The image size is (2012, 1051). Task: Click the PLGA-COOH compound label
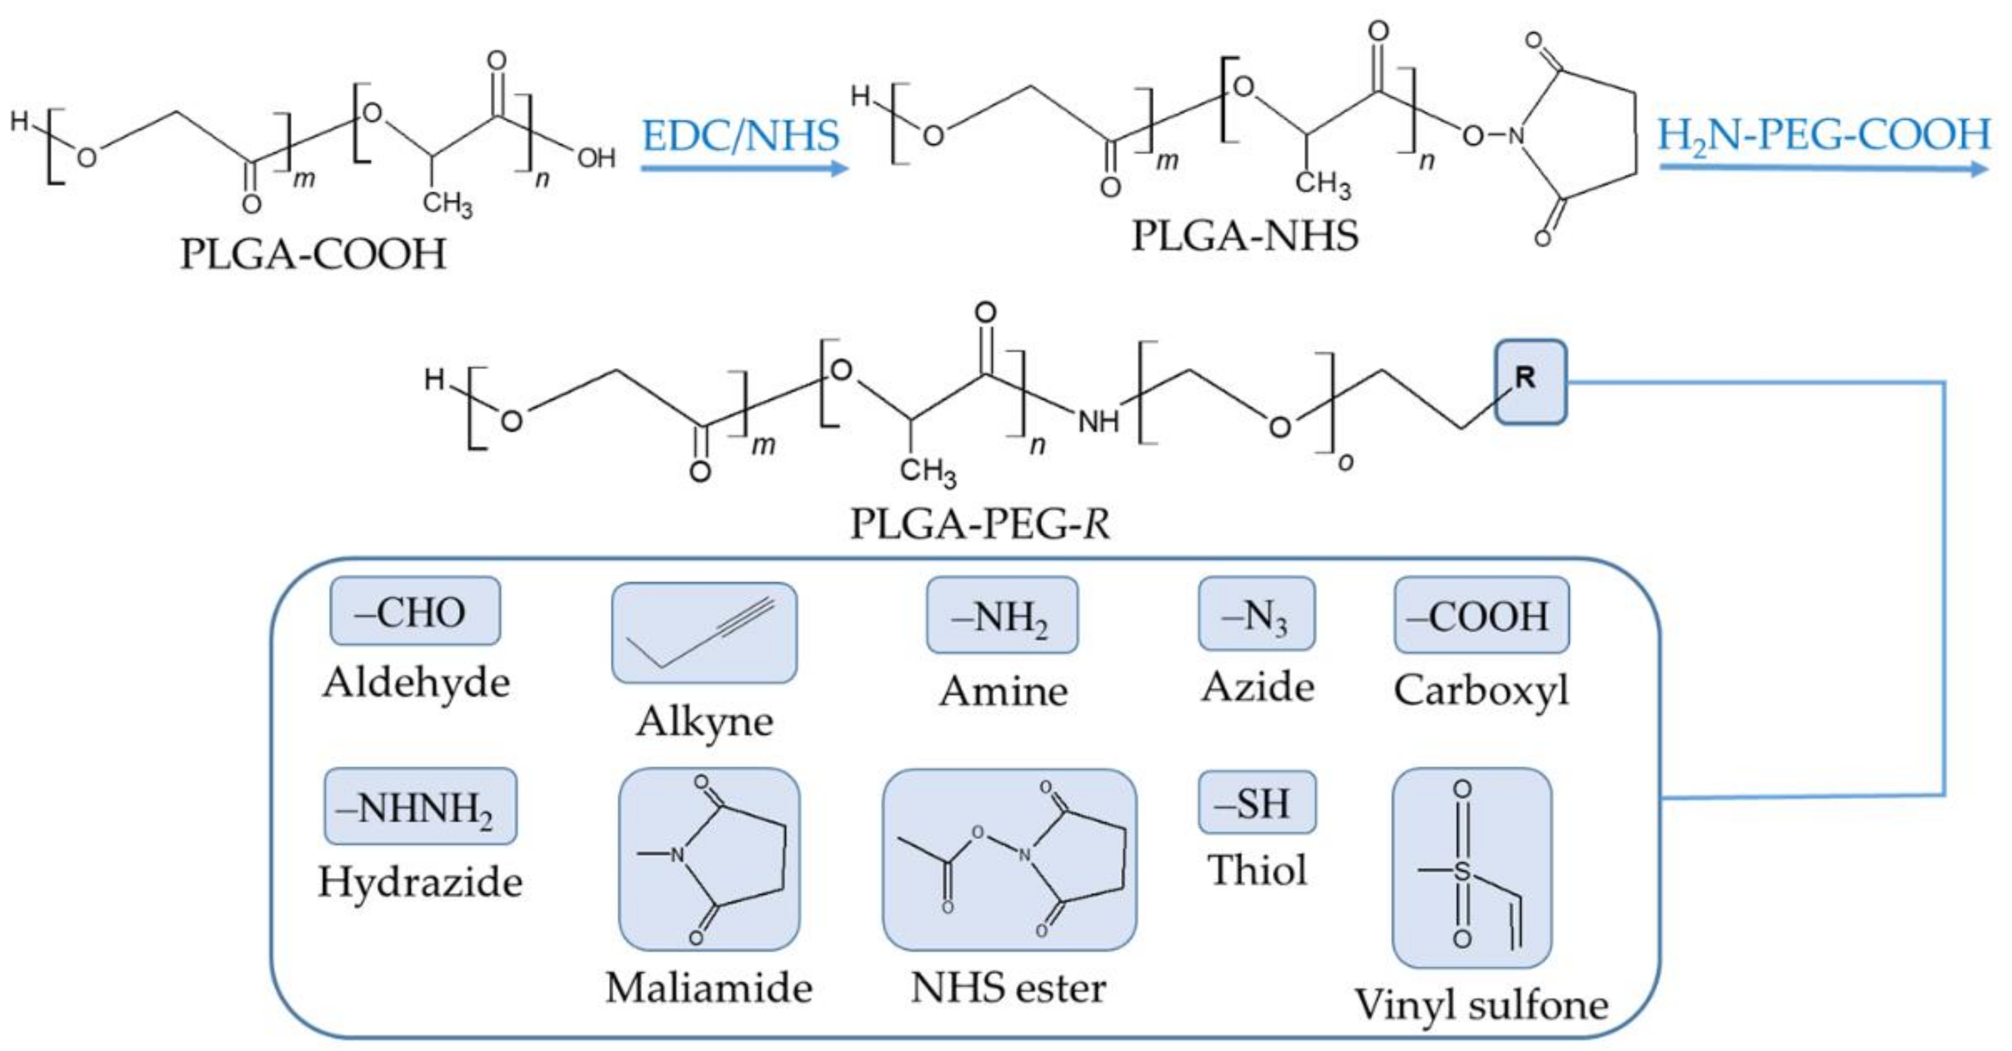(x=313, y=254)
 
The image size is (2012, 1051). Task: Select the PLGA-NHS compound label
(x=1245, y=235)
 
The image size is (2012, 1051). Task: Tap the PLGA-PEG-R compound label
(x=980, y=523)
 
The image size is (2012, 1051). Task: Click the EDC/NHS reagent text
(x=740, y=135)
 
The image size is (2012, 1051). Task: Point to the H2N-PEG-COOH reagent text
(x=1824, y=134)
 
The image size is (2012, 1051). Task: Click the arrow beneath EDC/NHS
(x=744, y=168)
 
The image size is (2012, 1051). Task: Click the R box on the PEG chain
(x=1530, y=382)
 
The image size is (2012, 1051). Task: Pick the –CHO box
(x=415, y=612)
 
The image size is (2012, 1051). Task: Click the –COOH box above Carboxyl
(x=1481, y=615)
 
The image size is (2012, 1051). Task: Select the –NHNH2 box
(x=420, y=807)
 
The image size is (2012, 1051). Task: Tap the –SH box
(x=1257, y=803)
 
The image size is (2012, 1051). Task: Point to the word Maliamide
(x=708, y=987)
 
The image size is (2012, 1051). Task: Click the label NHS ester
(x=1008, y=987)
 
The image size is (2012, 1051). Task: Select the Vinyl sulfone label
(x=1481, y=1004)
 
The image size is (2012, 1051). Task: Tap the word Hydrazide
(x=420, y=882)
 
